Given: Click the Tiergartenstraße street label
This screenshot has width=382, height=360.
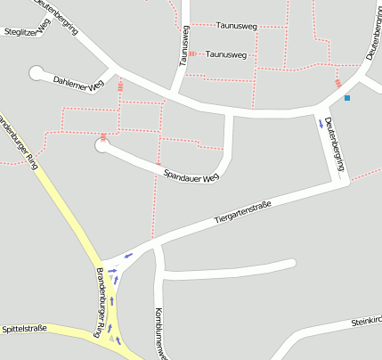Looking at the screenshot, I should click(x=242, y=211).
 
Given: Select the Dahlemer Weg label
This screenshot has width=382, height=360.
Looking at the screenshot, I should click(x=78, y=83).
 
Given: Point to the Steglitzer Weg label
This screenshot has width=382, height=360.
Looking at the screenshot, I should click(x=26, y=31).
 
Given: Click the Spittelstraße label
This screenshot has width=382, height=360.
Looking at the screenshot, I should click(x=24, y=328).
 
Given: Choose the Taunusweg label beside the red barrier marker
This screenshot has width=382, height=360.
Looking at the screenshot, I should click(x=226, y=54).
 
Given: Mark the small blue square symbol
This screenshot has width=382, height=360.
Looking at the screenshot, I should click(x=347, y=97).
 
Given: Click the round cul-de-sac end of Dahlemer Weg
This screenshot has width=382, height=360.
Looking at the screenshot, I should click(x=36, y=71).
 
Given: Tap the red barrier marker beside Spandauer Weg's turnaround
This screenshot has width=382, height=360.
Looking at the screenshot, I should click(x=104, y=136).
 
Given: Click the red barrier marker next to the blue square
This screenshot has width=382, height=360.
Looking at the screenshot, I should click(x=337, y=83).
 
